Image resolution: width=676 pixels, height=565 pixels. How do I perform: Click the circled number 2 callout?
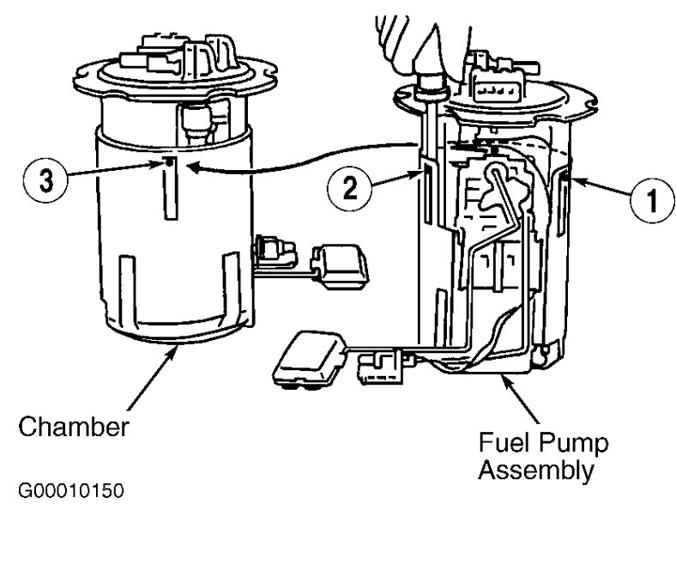click(x=349, y=188)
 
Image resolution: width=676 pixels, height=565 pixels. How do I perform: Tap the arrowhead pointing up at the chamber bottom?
click(x=177, y=349)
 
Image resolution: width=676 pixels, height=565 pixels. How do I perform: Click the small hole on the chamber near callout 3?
click(x=172, y=160)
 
